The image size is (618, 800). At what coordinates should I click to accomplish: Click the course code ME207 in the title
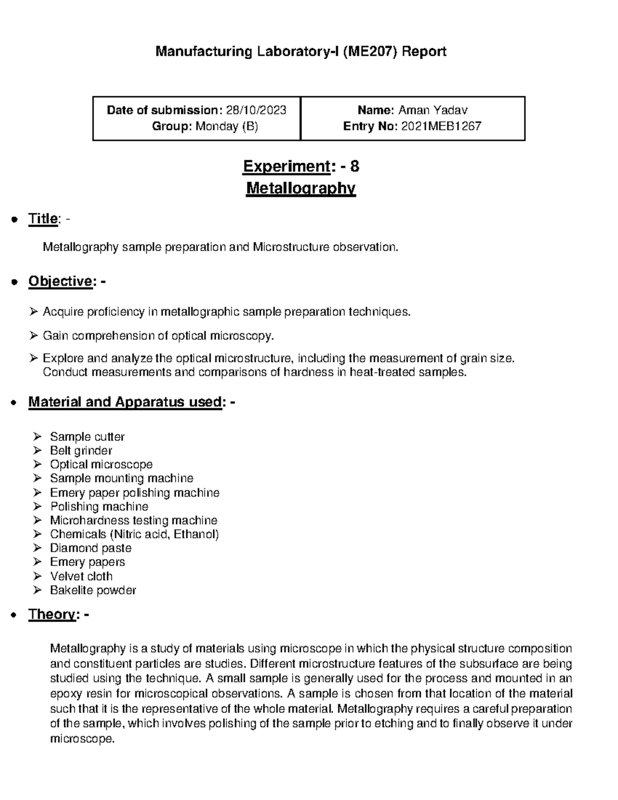click(x=368, y=52)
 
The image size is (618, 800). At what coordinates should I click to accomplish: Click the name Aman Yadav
click(x=433, y=110)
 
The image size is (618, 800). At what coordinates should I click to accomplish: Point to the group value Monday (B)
click(x=227, y=126)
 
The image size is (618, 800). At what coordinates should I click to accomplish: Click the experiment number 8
click(x=354, y=166)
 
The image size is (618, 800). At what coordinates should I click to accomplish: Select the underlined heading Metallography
click(x=301, y=189)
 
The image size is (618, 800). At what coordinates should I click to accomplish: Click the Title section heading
click(x=43, y=219)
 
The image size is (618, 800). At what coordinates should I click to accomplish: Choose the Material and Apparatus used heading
click(x=125, y=402)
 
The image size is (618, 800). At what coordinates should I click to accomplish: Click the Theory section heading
click(x=53, y=614)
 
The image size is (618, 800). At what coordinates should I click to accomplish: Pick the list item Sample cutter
click(x=87, y=437)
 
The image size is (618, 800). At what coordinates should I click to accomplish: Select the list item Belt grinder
click(x=81, y=451)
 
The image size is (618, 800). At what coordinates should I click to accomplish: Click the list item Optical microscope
click(x=101, y=465)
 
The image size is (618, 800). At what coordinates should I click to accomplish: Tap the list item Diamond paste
click(x=91, y=548)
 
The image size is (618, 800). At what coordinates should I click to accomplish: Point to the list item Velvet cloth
click(x=81, y=576)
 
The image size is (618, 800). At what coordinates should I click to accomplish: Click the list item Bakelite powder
click(x=93, y=590)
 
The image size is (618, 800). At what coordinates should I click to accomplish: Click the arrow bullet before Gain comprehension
click(x=33, y=336)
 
